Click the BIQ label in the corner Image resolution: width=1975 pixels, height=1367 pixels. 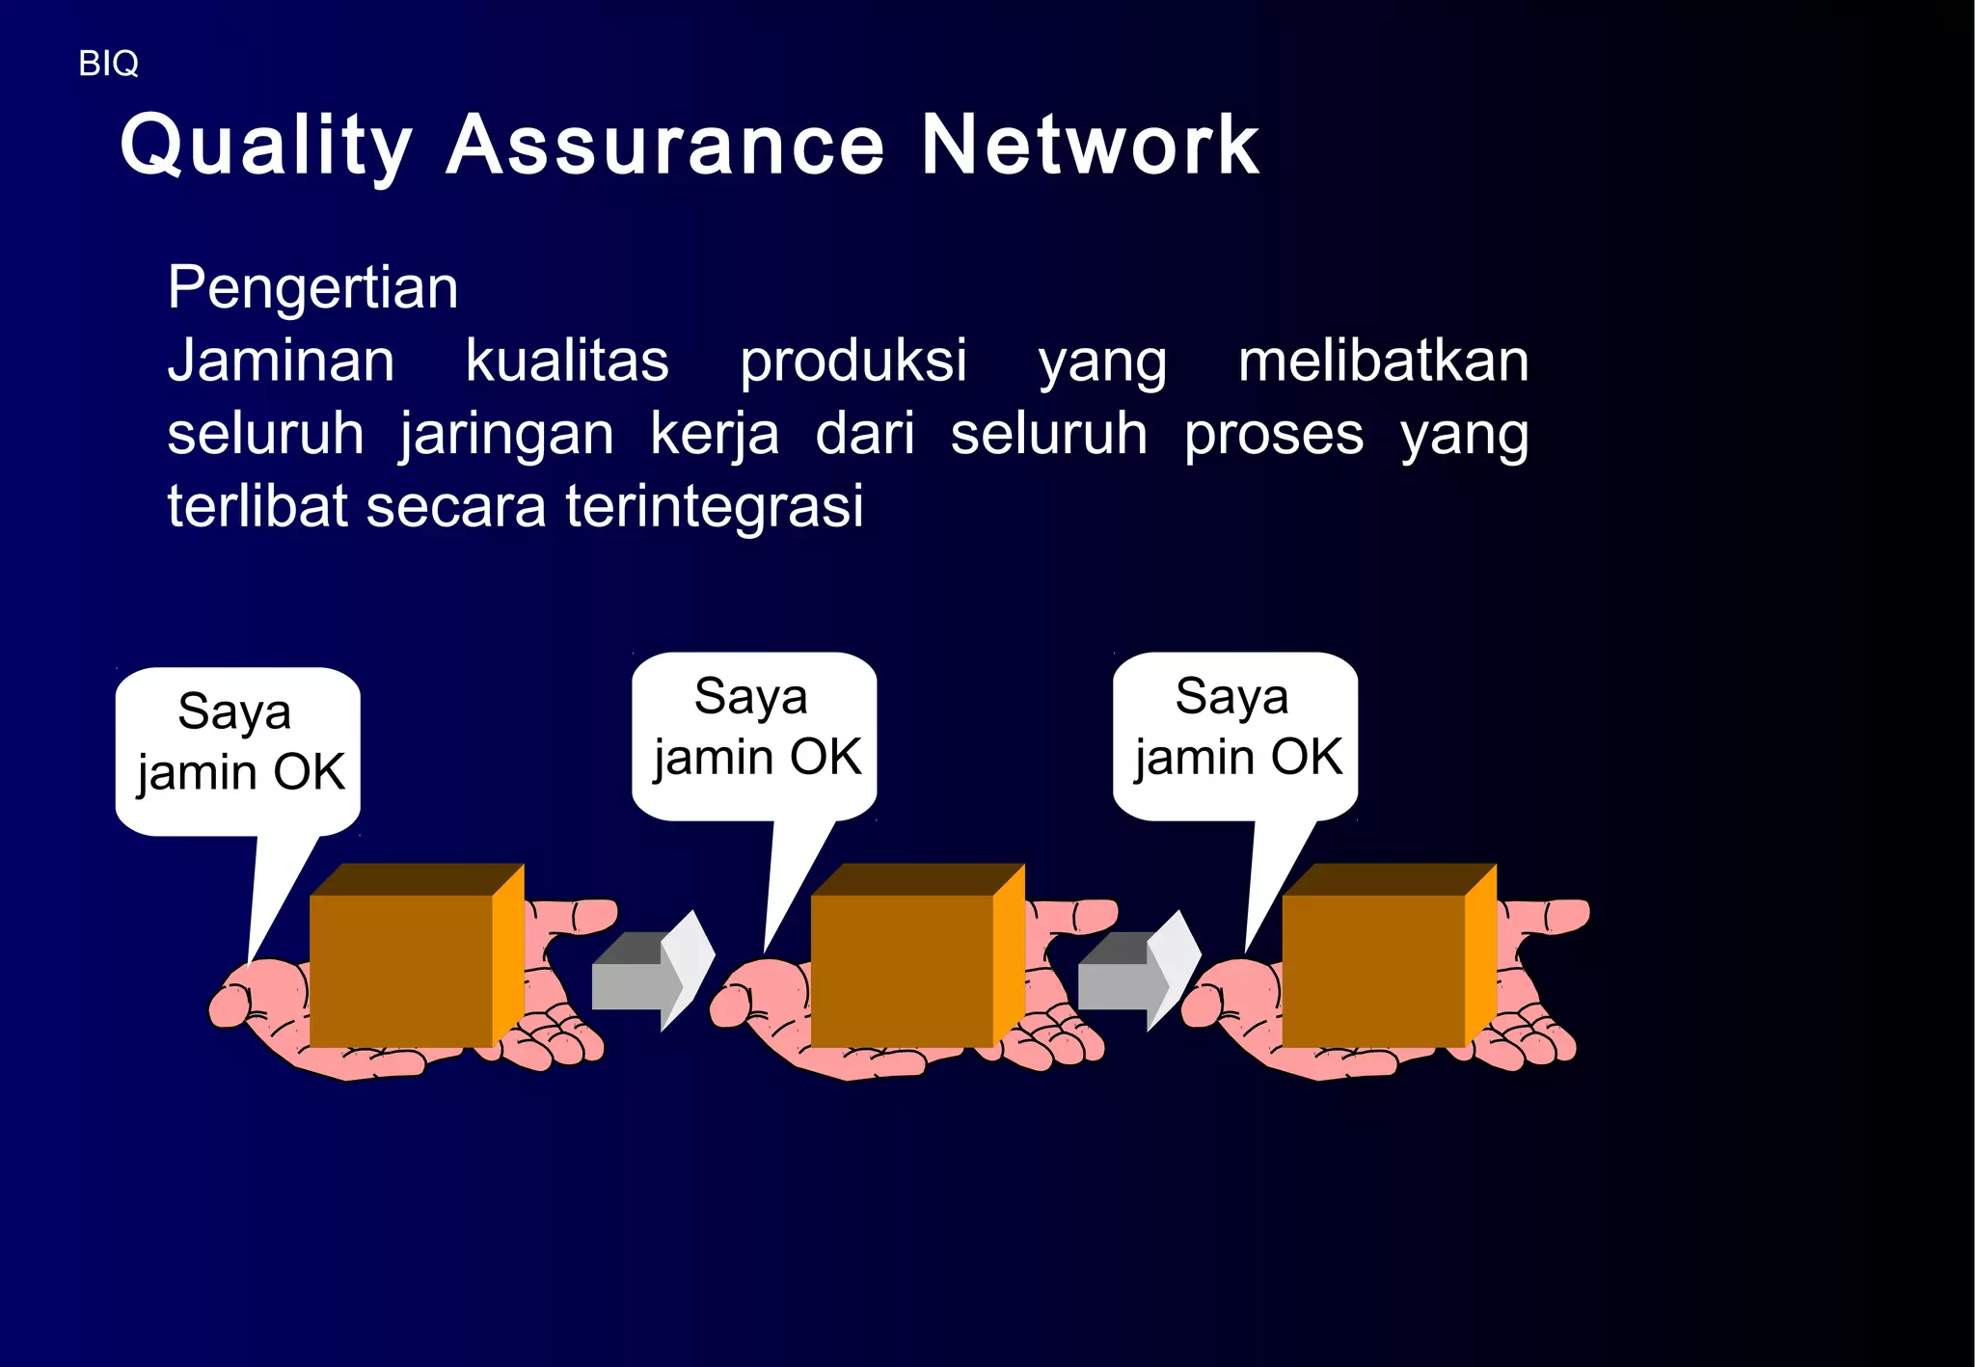point(108,64)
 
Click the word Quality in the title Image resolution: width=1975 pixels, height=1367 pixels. point(266,146)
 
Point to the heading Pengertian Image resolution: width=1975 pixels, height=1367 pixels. point(312,287)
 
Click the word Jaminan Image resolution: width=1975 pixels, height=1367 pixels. point(281,361)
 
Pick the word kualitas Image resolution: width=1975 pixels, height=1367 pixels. point(567,361)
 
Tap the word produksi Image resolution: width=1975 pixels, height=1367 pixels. point(852,361)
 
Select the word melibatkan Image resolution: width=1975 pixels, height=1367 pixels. point(1383,361)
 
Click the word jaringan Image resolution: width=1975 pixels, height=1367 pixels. point(507,434)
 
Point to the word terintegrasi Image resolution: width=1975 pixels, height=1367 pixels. point(714,507)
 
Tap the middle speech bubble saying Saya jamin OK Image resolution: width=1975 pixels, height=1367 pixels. point(754,729)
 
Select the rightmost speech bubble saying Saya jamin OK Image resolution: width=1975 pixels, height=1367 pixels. point(1235,729)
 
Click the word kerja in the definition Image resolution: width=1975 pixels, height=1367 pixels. point(715,434)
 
